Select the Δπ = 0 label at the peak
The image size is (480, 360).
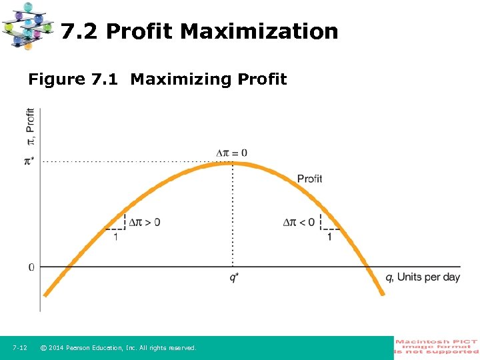(231, 153)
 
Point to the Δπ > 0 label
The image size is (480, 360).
(144, 222)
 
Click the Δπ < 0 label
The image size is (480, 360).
(299, 222)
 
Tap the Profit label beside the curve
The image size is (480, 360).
(309, 179)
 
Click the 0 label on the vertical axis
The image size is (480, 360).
(31, 267)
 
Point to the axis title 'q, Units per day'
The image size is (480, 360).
(423, 277)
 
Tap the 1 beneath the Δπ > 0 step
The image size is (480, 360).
(116, 237)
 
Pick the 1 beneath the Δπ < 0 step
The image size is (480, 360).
(329, 237)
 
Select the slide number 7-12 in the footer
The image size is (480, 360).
(19, 348)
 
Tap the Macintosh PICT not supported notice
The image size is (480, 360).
(437, 347)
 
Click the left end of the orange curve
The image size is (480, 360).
(45, 293)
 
